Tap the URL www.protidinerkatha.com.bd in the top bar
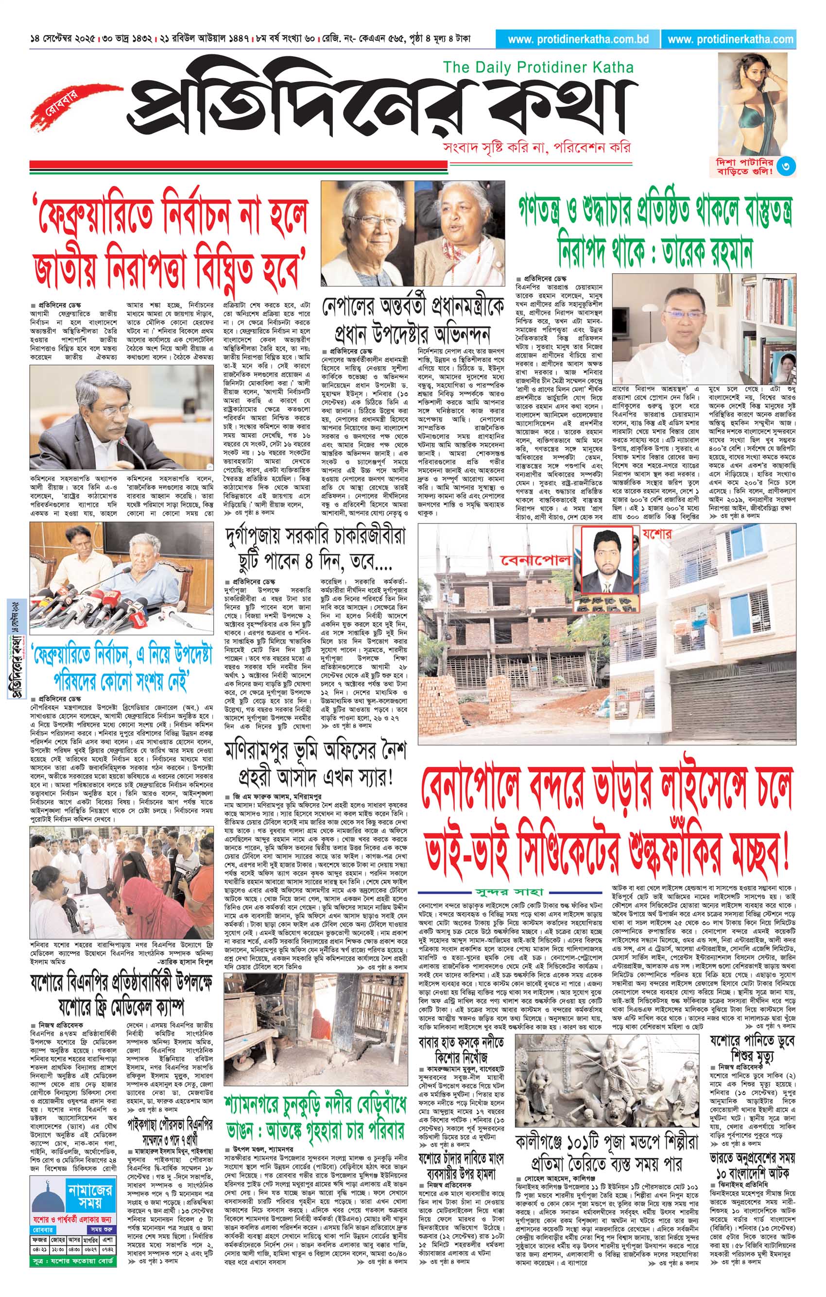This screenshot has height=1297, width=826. pyautogui.click(x=578, y=39)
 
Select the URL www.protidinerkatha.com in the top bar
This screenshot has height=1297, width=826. pyautogui.click(x=730, y=39)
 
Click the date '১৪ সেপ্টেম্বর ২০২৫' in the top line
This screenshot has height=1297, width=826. pyautogui.click(x=64, y=39)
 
